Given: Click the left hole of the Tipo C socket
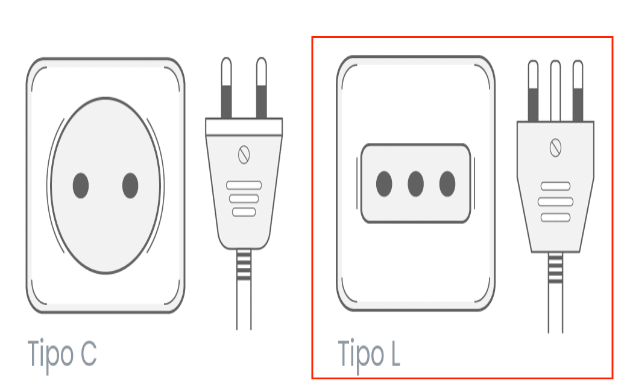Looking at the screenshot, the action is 81,185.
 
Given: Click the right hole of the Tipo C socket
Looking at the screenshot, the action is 130,185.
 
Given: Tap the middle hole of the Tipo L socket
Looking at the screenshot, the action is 415,184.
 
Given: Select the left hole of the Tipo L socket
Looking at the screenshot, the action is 384,184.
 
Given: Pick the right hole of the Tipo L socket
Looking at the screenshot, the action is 447,184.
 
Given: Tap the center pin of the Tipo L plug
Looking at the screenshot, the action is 555,91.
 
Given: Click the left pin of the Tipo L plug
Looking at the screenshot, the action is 533,91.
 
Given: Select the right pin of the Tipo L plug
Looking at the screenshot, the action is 578,91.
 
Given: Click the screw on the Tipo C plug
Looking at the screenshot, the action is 244,154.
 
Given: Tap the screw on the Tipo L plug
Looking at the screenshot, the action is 556,148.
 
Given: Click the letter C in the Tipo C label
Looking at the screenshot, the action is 89,353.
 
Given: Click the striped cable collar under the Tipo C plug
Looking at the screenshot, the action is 244,265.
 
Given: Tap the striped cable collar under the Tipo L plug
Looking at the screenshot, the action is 555,268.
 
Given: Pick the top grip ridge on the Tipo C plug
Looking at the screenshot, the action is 244,185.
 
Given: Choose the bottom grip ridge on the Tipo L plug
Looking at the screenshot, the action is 555,218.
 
